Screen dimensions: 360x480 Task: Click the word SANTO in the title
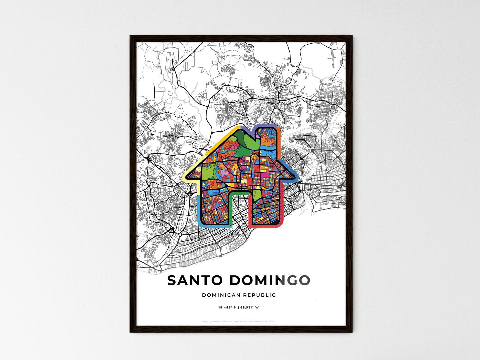click(x=195, y=280)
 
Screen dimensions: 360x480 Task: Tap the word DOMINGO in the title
click(x=269, y=280)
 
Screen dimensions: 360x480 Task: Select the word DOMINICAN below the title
click(x=221, y=295)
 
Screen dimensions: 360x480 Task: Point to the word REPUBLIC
click(x=259, y=295)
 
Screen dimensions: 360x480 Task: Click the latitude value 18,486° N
click(x=227, y=307)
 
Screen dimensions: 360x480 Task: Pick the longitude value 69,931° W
click(x=249, y=307)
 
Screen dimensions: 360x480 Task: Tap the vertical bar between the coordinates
click(x=238, y=307)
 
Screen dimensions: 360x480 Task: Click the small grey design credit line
click(x=238, y=321)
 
